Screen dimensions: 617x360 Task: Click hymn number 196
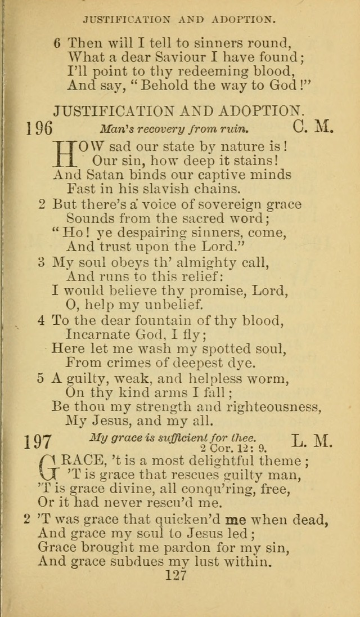(39, 128)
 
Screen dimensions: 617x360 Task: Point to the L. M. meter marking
(313, 440)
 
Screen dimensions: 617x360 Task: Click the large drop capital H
(65, 154)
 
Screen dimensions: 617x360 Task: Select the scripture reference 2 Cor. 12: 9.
(227, 448)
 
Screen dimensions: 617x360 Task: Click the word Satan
(104, 174)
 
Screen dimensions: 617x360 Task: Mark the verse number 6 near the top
(57, 42)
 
